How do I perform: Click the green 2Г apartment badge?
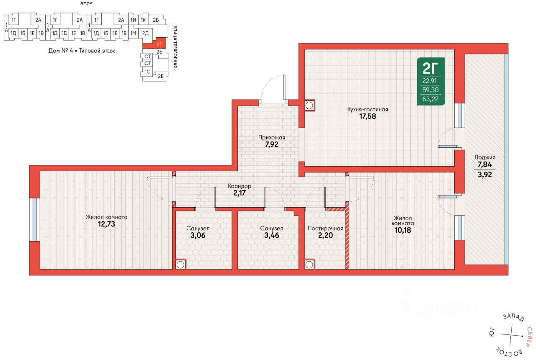pyautogui.click(x=431, y=81)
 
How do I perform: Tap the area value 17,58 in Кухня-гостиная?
pyautogui.click(x=368, y=116)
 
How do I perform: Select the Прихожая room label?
pyautogui.click(x=272, y=138)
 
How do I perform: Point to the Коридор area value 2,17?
pyautogui.click(x=240, y=193)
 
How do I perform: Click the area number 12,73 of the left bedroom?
pyautogui.click(x=106, y=224)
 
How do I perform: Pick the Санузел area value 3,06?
pyautogui.click(x=198, y=235)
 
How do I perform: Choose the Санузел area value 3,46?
pyautogui.click(x=272, y=235)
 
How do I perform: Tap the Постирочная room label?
pyautogui.click(x=325, y=229)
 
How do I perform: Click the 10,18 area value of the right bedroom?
pyautogui.click(x=403, y=230)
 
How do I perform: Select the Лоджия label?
pyautogui.click(x=485, y=157)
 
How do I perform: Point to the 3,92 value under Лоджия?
pyautogui.click(x=485, y=175)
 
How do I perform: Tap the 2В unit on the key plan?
pyautogui.click(x=161, y=76)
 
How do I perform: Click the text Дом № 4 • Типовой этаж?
pyautogui.click(x=82, y=51)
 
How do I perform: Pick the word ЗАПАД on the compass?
pyautogui.click(x=514, y=317)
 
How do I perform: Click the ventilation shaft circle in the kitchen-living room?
pyautogui.click(x=309, y=105)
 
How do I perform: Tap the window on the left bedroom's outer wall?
pyautogui.click(x=35, y=220)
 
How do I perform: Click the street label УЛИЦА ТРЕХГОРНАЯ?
pyautogui.click(x=175, y=47)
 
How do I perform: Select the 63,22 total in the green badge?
pyautogui.click(x=430, y=99)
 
